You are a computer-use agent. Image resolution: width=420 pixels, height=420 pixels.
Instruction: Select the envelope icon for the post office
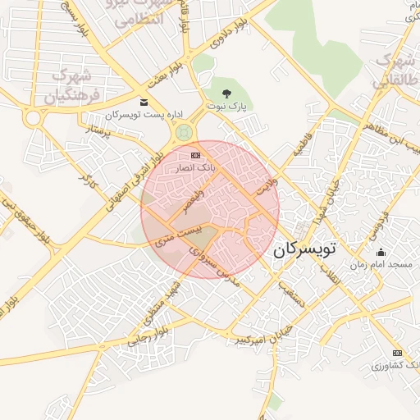click(144, 103)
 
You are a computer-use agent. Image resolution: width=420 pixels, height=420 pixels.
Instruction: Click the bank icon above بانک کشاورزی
click(397, 353)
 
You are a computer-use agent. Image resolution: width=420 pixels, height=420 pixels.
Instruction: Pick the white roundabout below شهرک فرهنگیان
click(34, 119)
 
